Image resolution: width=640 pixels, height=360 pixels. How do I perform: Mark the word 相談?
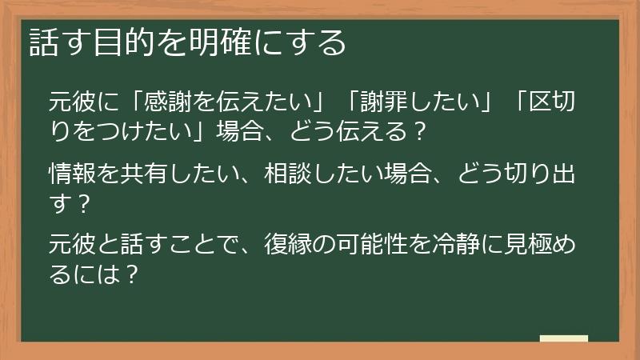(288, 173)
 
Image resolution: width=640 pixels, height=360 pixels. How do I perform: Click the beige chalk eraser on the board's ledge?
(563, 338)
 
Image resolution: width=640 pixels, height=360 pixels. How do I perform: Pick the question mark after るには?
(133, 273)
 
